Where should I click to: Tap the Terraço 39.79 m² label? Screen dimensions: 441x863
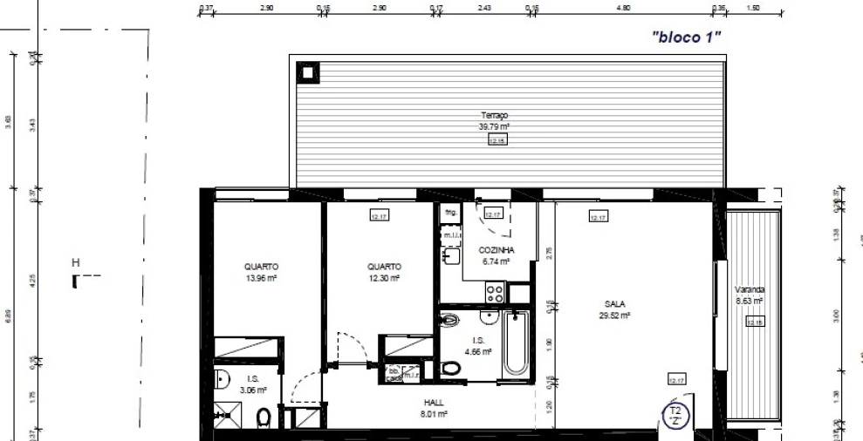point(494,120)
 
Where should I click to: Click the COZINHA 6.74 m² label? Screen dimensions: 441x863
point(496,254)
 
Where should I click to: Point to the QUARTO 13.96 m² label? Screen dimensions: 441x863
point(261,272)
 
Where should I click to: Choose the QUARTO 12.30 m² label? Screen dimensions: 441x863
point(384,272)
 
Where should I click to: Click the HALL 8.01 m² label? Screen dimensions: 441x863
point(434,408)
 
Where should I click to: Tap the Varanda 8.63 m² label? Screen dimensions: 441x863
point(749,295)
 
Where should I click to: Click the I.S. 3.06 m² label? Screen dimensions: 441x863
point(253,384)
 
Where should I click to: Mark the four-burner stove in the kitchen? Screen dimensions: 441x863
point(494,293)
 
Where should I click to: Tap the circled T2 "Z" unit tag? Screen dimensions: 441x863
point(674,414)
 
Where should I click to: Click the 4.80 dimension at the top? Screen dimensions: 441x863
point(621,7)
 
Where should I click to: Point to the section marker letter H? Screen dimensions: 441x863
point(76,262)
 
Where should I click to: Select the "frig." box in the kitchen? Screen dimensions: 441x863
point(450,212)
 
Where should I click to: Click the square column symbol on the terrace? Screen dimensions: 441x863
point(308,72)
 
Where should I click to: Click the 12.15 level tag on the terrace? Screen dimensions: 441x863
point(497,139)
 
